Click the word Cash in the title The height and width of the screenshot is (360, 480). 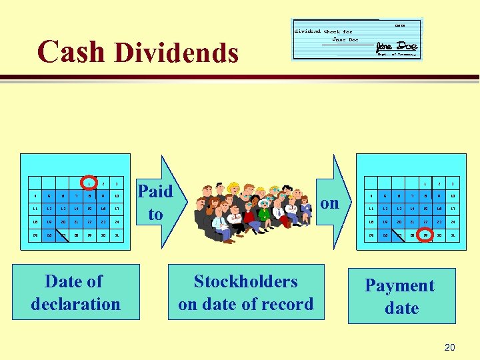pos(71,51)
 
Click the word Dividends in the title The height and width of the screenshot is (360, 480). pos(177,53)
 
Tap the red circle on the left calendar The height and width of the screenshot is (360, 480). pos(88,183)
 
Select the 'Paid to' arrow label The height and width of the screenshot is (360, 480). pos(155,202)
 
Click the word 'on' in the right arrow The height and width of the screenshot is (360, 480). pos(330,202)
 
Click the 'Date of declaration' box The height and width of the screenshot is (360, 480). pos(75,293)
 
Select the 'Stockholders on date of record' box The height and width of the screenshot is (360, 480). pos(245,293)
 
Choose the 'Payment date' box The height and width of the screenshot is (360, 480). pos(400,297)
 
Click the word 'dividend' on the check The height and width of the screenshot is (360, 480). pos(307,31)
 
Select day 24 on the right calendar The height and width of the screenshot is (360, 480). pos(452,223)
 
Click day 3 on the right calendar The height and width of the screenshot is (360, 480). pos(452,183)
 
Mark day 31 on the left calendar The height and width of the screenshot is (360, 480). pos(116,235)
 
